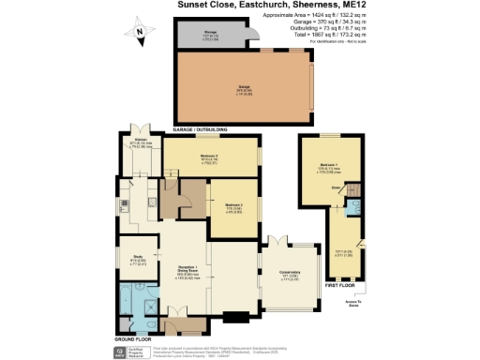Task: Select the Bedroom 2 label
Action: point(210,157)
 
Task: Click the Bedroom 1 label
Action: point(326,165)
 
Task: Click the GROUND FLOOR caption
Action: point(133,336)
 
